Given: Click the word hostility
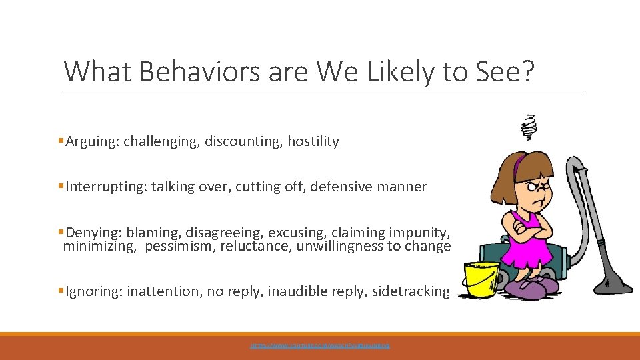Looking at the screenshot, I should pos(313,141).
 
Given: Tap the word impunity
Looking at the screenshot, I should pos(422,233).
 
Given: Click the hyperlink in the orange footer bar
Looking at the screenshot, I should pos(319,346).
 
